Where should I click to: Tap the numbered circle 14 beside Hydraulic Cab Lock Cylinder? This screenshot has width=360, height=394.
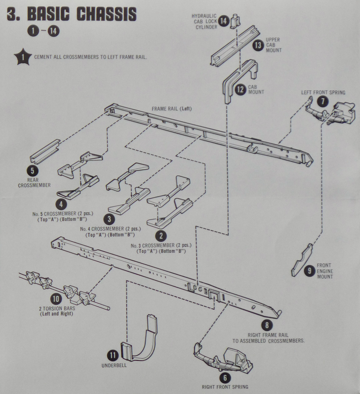click(x=224, y=21)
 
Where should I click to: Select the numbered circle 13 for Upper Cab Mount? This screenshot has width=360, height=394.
click(x=258, y=45)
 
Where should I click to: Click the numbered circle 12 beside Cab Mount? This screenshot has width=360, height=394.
click(x=240, y=89)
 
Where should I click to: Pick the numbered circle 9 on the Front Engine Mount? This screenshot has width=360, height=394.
click(x=309, y=271)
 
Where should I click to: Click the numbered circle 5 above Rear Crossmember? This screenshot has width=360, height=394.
click(x=32, y=170)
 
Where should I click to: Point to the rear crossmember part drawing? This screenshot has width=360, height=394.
click(x=45, y=151)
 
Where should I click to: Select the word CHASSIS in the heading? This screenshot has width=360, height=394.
click(x=106, y=15)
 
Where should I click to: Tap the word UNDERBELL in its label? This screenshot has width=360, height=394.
click(x=114, y=366)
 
